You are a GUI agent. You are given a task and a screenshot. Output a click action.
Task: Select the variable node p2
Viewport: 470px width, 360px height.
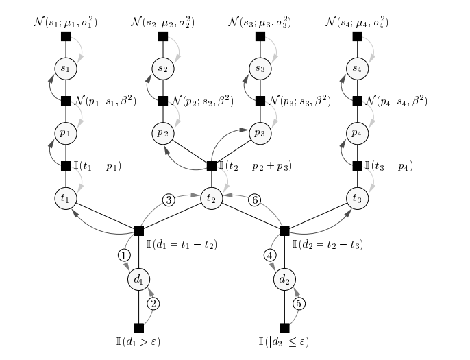point(162,133)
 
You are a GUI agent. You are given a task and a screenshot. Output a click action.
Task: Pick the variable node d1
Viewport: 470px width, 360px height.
point(138,279)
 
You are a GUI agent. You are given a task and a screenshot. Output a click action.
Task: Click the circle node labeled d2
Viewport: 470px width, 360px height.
point(284,279)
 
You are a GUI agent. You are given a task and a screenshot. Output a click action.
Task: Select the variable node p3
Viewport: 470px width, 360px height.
point(259,133)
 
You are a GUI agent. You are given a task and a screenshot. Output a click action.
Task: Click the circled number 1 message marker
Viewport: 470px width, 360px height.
point(124,255)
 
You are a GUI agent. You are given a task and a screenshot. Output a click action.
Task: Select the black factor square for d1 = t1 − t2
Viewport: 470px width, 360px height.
point(138,230)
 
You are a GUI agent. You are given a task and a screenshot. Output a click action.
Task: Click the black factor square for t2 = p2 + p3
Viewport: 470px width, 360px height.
point(211,165)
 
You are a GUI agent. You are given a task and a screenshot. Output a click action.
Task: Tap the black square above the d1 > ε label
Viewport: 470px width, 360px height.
point(138,328)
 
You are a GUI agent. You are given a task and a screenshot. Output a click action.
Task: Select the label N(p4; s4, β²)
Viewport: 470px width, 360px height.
point(397,101)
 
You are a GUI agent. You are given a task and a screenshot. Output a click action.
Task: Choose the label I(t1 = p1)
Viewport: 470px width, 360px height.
point(98,165)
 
